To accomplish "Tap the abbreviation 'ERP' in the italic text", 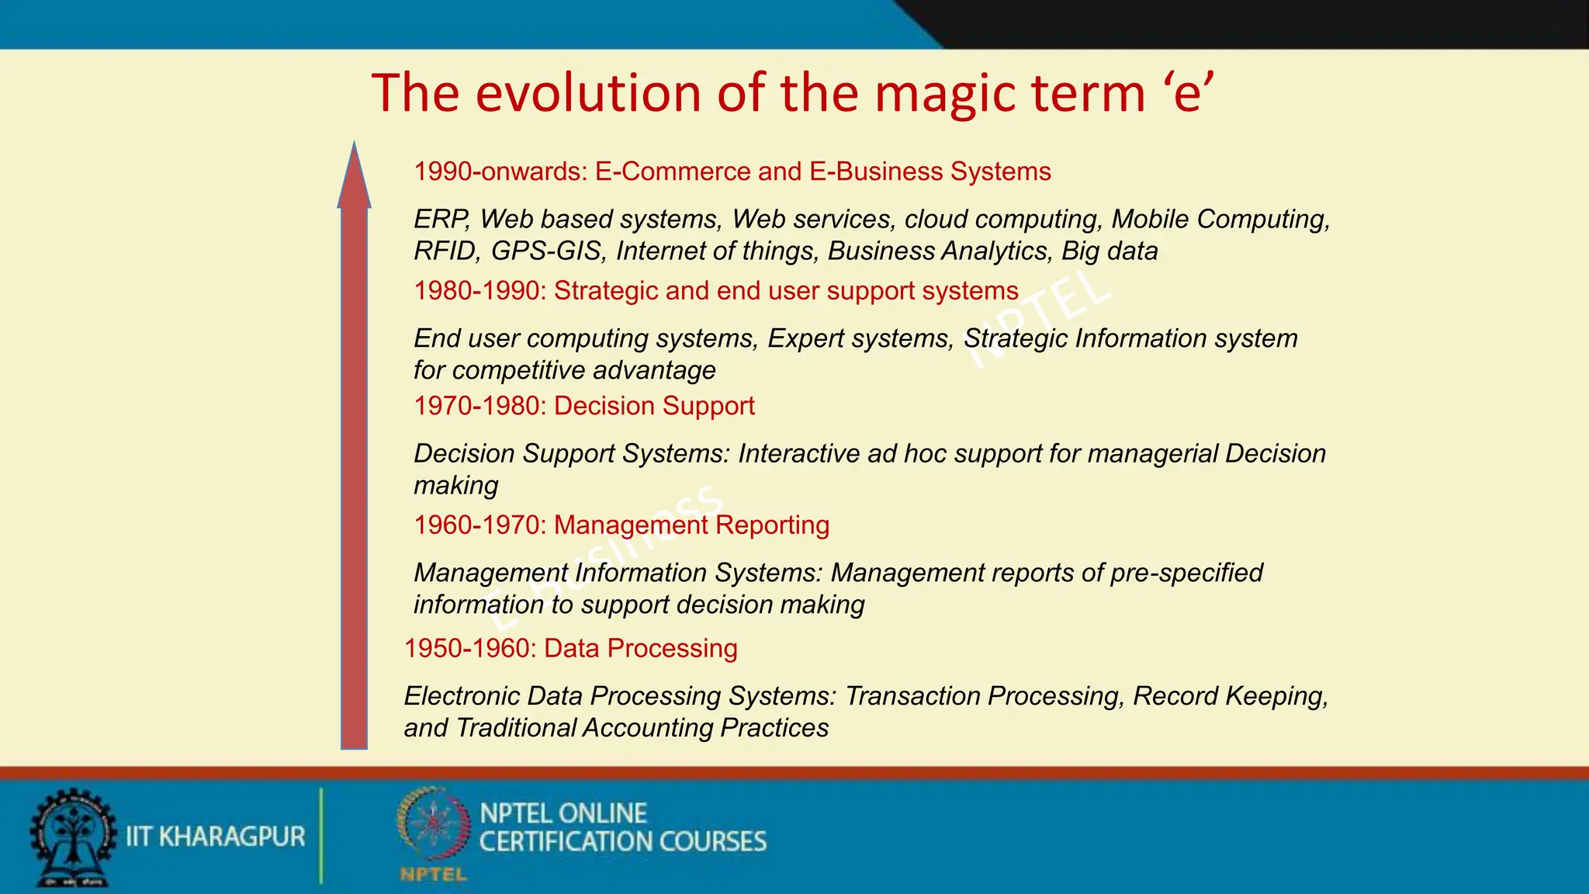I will [441, 220].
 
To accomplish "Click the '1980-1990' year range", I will [479, 291].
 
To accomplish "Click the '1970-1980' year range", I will [479, 406].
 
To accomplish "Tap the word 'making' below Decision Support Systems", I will [455, 487].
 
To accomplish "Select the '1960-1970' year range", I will [479, 525].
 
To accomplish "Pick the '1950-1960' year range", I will [469, 649].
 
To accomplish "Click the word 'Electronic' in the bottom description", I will [461, 696].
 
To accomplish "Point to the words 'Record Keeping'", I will [1230, 696].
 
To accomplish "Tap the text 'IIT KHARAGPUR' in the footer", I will [216, 837].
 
